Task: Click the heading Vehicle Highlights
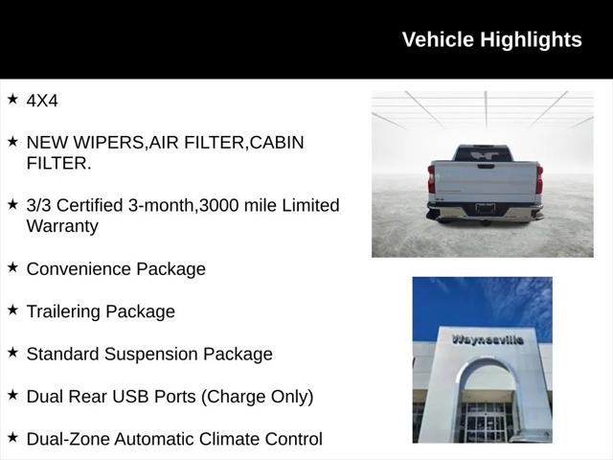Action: [x=491, y=39]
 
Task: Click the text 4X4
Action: [x=42, y=100]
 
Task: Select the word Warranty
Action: [x=62, y=226]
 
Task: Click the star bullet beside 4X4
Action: [x=12, y=99]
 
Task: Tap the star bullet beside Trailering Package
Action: [x=12, y=310]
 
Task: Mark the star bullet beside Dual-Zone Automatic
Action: [x=12, y=437]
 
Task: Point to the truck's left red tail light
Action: [x=431, y=179]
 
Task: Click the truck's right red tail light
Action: [x=539, y=179]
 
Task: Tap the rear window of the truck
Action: [x=483, y=153]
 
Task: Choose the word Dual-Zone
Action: [x=67, y=439]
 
